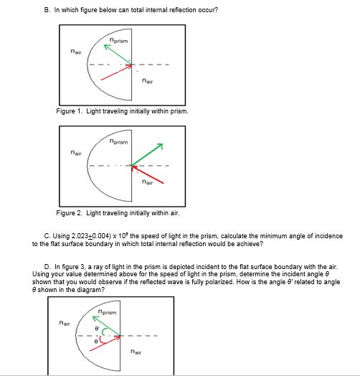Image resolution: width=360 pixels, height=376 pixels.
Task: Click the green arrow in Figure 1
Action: pyautogui.click(x=118, y=55)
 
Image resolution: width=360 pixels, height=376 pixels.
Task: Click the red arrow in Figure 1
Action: pyautogui.click(x=116, y=70)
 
